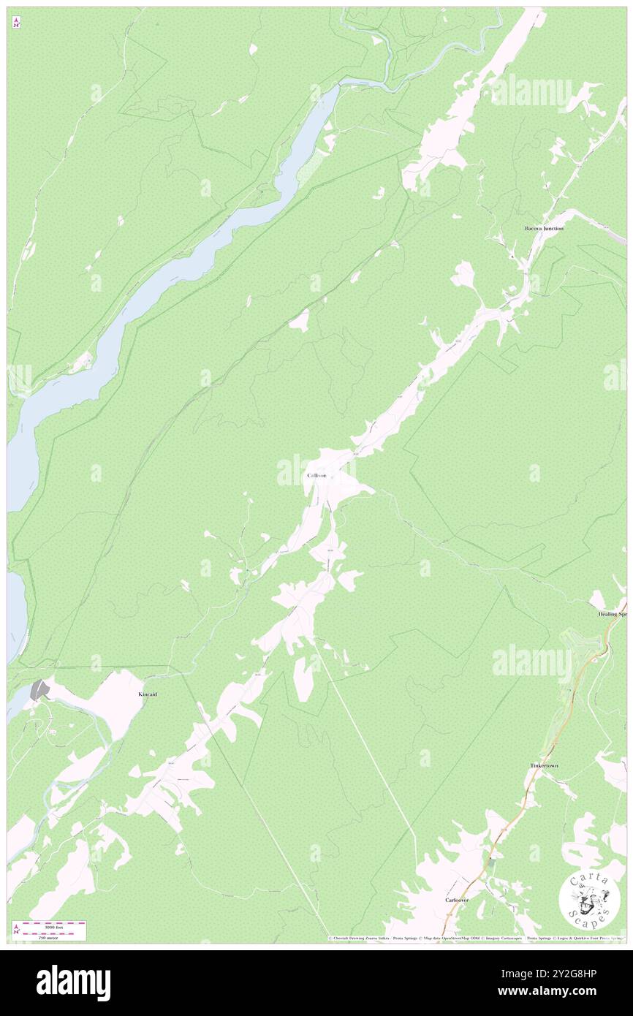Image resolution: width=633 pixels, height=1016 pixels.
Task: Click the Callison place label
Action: pyautogui.click(x=317, y=476)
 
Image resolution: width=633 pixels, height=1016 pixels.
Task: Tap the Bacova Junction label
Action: pyautogui.click(x=544, y=229)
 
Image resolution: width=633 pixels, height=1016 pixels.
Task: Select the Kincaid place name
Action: pyautogui.click(x=148, y=694)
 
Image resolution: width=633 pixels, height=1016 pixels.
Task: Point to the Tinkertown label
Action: pyautogui.click(x=544, y=765)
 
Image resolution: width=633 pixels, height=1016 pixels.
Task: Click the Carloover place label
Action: pyautogui.click(x=457, y=900)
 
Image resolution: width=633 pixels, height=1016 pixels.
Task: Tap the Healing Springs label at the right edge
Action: pyautogui.click(x=613, y=614)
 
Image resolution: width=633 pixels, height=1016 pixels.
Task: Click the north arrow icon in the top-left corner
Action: pyautogui.click(x=16, y=23)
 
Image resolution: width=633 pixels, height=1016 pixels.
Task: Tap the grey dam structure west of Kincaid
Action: pyautogui.click(x=39, y=689)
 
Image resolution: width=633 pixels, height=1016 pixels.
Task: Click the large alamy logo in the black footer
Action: pyautogui.click(x=73, y=982)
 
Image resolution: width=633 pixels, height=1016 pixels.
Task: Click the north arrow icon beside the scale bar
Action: pyautogui.click(x=16, y=930)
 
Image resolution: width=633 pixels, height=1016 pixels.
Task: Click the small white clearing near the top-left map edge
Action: pyautogui.click(x=253, y=49)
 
